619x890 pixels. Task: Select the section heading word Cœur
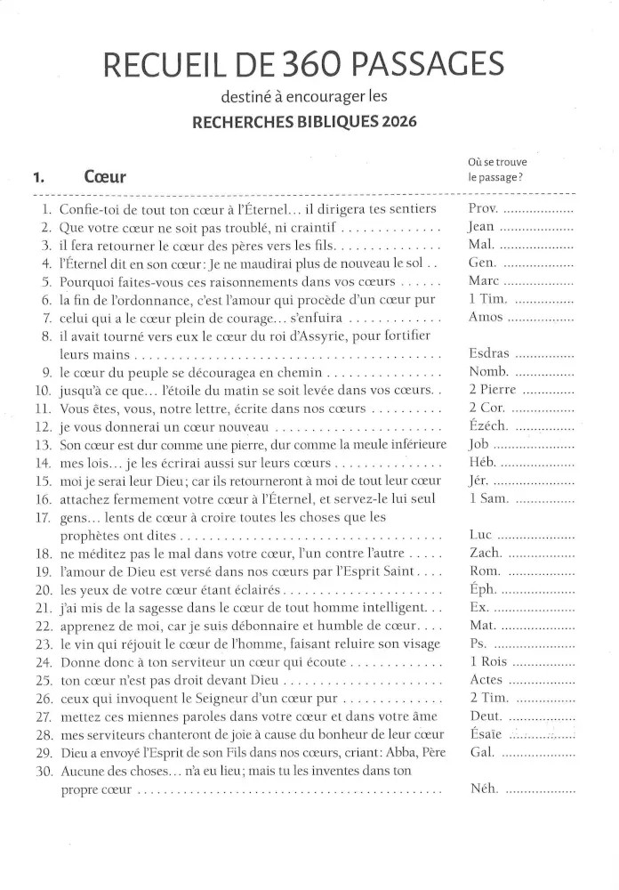[104, 176]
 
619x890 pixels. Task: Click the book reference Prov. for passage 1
[484, 209]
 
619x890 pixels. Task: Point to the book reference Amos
[486, 318]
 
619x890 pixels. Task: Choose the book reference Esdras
[489, 353]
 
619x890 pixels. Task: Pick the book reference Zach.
[485, 553]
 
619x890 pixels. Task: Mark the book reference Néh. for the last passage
[484, 789]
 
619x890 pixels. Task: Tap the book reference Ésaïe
[486, 734]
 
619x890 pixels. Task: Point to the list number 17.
[43, 517]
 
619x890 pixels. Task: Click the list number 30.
[43, 771]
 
